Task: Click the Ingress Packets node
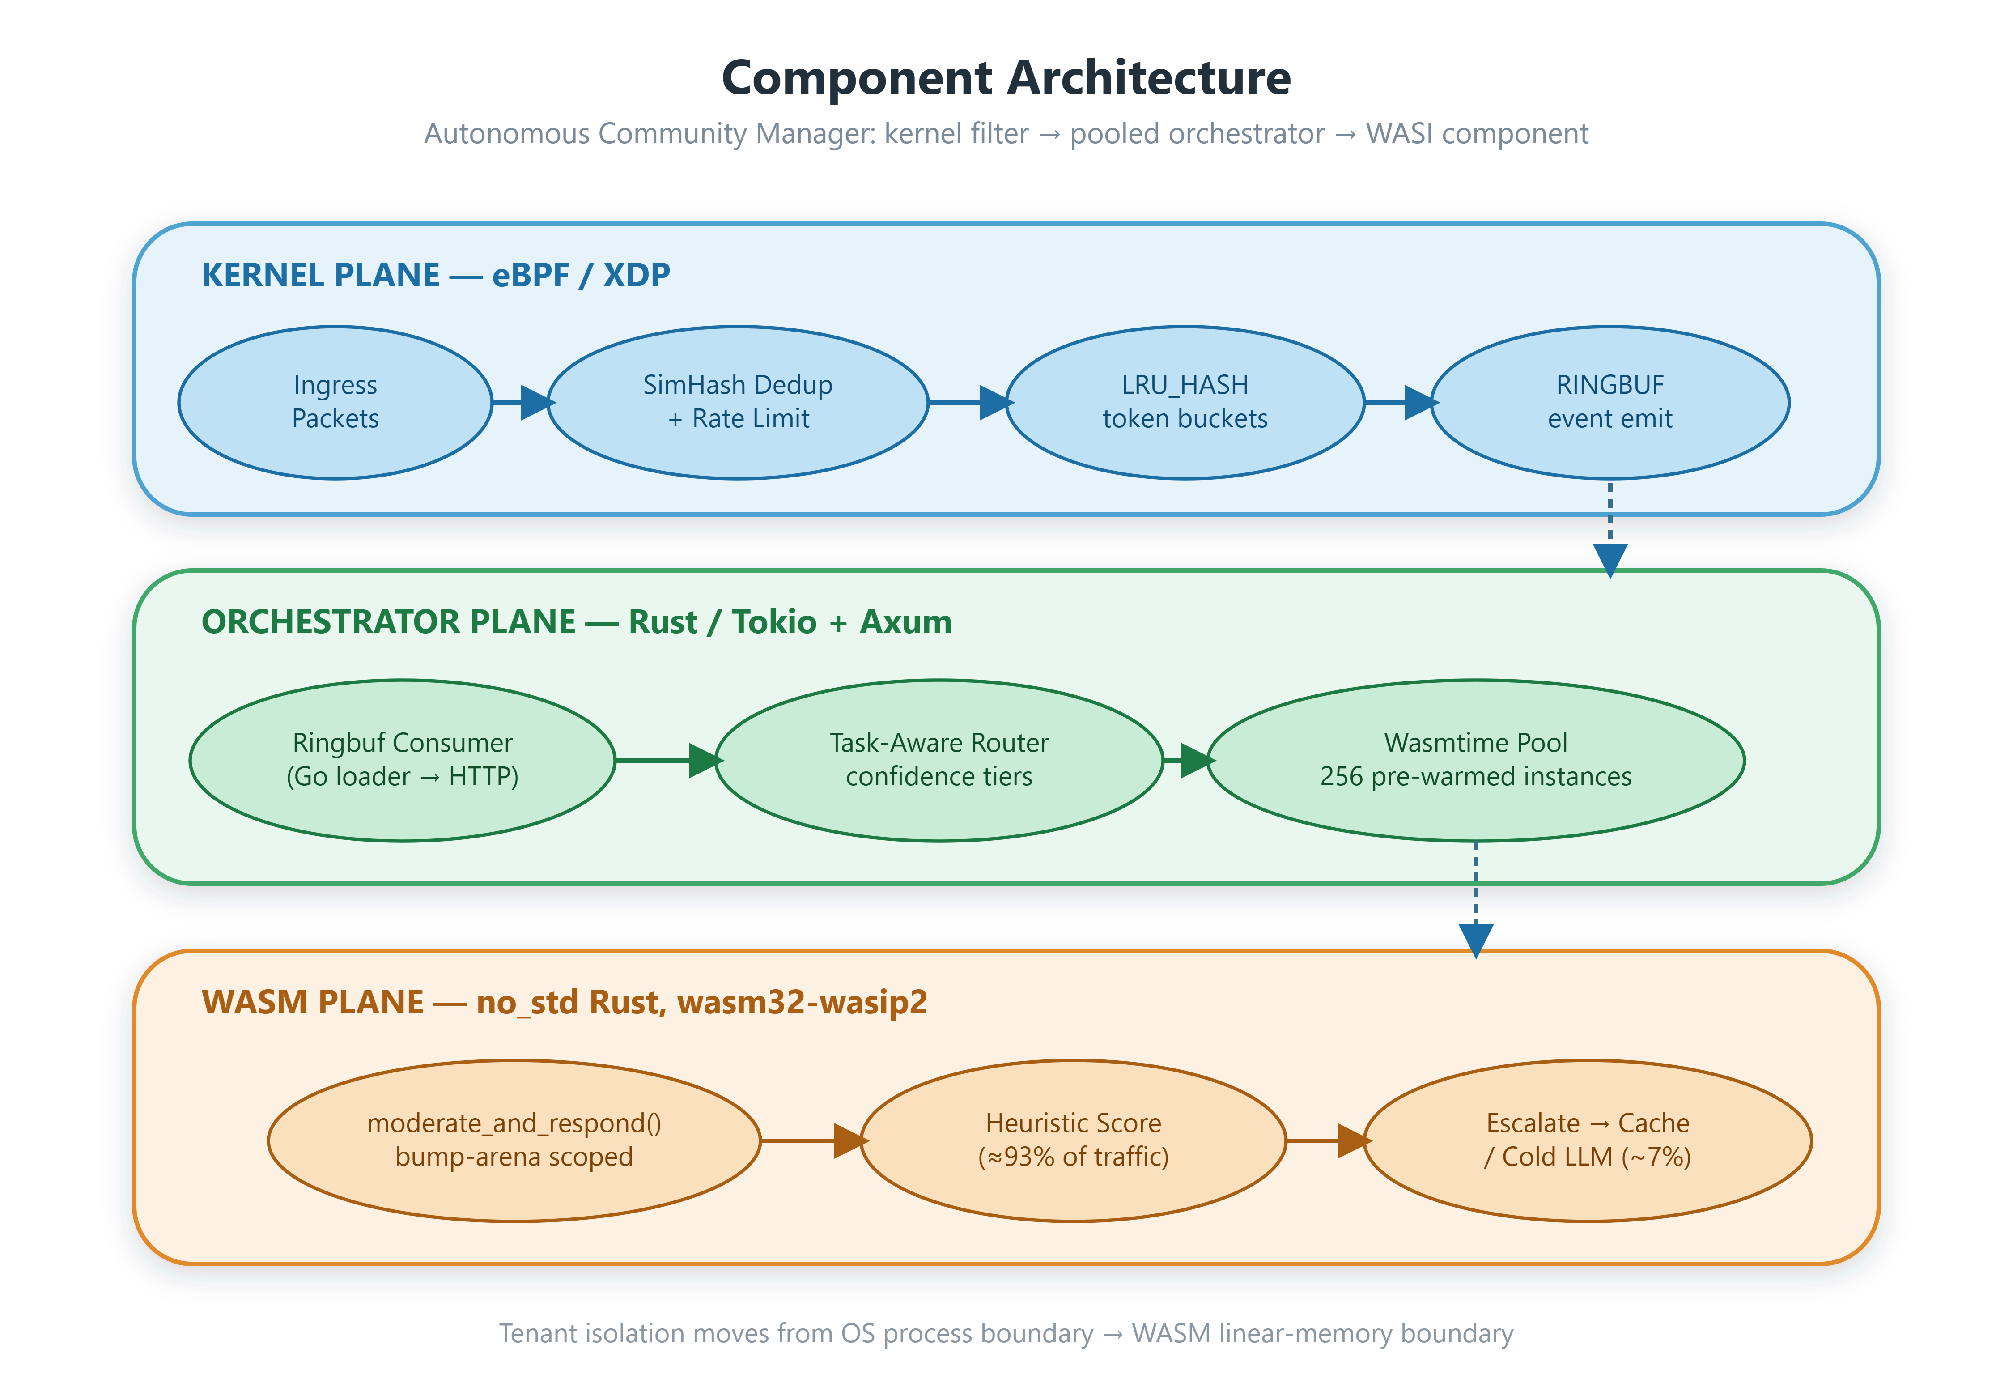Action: point(335,402)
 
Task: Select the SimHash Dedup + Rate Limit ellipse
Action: point(738,402)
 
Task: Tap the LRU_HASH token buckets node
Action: point(1185,402)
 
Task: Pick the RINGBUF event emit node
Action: point(1610,402)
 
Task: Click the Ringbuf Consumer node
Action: point(402,761)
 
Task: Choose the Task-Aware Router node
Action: point(939,761)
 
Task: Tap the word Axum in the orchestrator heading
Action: point(906,622)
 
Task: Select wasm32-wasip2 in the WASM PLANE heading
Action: point(802,1003)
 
